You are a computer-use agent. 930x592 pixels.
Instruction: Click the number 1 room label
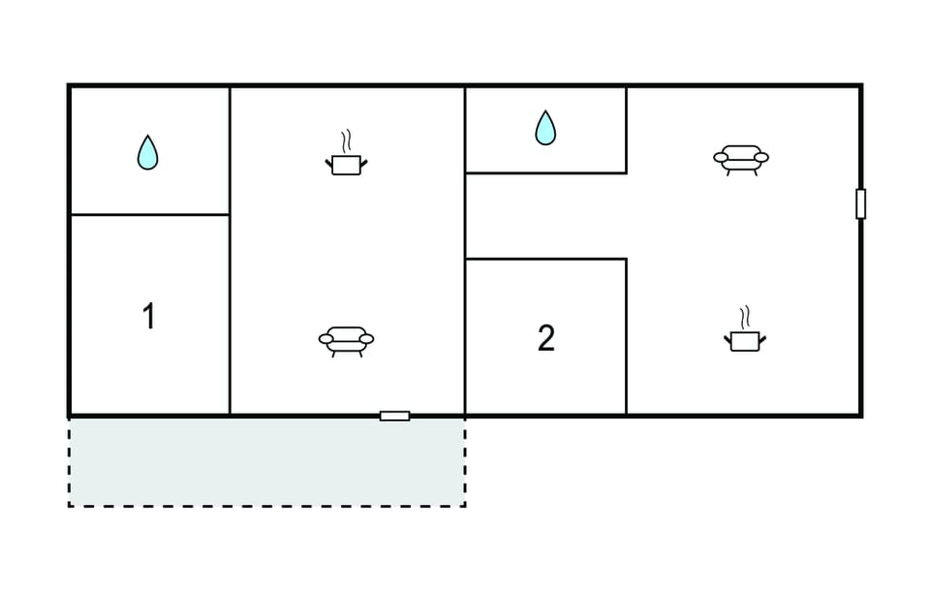click(x=149, y=316)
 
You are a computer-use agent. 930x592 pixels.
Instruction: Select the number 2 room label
click(x=545, y=338)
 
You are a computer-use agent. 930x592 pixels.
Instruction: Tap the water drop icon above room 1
click(x=147, y=153)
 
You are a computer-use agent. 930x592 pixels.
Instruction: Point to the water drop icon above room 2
click(x=545, y=128)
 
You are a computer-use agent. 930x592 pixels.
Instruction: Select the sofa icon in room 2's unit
click(x=741, y=160)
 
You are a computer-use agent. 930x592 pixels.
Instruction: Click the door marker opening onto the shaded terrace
click(x=394, y=416)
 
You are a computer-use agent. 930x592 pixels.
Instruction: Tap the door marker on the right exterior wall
click(x=860, y=203)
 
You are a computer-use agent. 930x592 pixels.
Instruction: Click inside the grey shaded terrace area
click(x=267, y=461)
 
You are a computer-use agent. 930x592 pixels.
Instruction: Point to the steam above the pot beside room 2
click(x=745, y=318)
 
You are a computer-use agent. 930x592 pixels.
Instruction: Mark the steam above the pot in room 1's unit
click(x=347, y=141)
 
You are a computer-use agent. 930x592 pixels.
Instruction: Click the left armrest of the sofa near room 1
click(x=326, y=339)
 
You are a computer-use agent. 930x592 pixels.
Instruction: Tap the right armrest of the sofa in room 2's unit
click(x=761, y=157)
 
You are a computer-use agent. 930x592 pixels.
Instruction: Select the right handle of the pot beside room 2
click(x=762, y=340)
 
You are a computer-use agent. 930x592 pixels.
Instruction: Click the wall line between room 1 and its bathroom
click(x=149, y=214)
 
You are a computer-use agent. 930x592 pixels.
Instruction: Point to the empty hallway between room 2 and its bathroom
click(x=545, y=216)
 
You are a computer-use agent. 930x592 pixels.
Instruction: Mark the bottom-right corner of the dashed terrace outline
click(x=465, y=506)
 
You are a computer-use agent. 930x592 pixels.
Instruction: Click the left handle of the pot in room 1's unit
click(x=328, y=163)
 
